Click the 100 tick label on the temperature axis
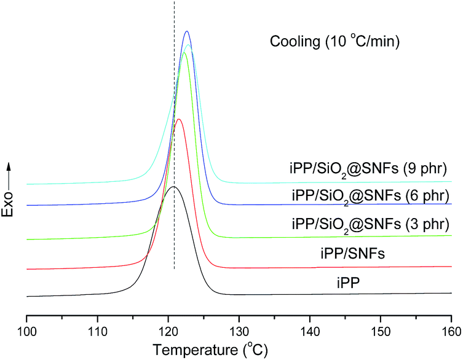pyautogui.click(x=26, y=330)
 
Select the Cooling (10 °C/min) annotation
pyautogui.click(x=335, y=42)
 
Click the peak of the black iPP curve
pyautogui.click(x=173, y=186)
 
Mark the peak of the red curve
pyautogui.click(x=178, y=119)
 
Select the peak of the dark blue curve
pyautogui.click(x=187, y=31)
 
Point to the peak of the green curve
pyautogui.click(x=184, y=52)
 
